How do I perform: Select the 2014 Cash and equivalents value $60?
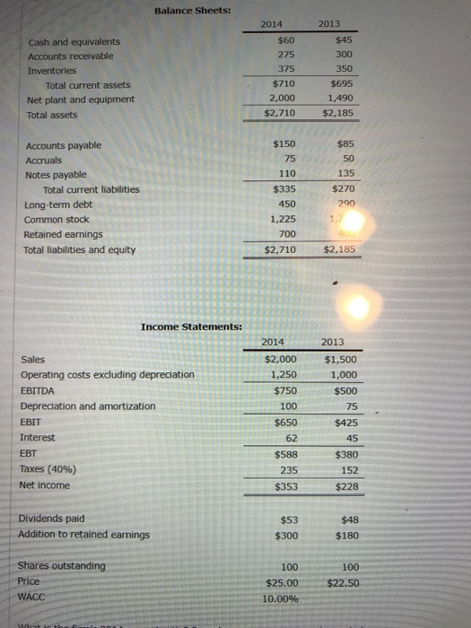point(286,39)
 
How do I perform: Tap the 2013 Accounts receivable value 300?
point(342,55)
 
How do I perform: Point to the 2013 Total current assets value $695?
point(340,83)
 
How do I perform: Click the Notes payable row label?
point(57,175)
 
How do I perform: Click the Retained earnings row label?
point(62,233)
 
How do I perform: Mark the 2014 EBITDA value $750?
point(284,389)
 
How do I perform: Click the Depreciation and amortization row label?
point(87,406)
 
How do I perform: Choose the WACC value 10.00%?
point(282,597)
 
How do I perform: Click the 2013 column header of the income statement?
point(339,342)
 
